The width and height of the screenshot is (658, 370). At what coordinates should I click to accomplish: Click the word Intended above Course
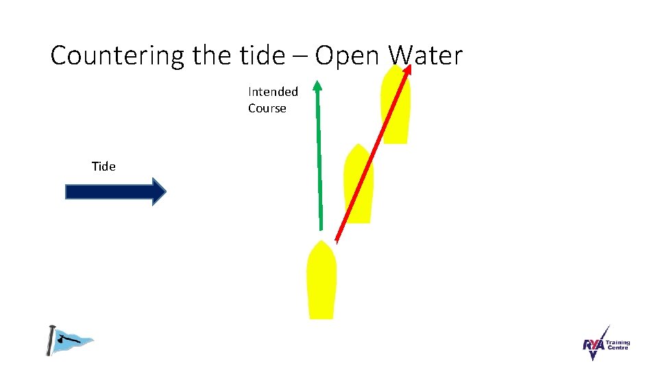(273, 92)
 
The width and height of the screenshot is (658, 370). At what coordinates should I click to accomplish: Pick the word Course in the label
(267, 108)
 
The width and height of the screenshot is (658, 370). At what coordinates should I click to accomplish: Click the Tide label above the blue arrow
(103, 166)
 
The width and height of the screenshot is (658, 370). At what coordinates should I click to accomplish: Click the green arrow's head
(317, 86)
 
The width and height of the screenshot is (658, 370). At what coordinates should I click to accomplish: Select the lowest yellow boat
(321, 284)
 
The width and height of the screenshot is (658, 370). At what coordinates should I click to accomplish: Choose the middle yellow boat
(358, 188)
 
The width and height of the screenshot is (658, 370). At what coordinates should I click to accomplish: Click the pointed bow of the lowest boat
(321, 244)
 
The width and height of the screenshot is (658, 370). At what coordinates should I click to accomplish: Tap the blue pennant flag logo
(71, 340)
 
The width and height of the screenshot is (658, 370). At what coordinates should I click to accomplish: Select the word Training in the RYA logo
(617, 343)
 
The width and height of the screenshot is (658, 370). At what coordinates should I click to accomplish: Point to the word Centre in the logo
(616, 349)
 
